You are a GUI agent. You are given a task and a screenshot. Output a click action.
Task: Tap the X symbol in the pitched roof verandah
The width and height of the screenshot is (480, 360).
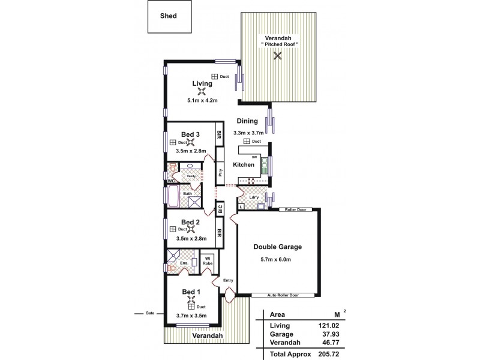[277, 56]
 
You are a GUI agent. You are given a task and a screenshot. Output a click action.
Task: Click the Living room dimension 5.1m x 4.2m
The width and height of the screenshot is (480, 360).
[202, 101]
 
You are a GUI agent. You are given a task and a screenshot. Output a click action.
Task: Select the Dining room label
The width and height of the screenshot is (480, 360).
[247, 121]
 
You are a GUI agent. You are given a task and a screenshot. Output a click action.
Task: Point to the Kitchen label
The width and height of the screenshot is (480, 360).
[244, 164]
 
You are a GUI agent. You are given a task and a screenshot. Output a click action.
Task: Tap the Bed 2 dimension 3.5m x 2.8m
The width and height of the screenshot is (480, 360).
[191, 238]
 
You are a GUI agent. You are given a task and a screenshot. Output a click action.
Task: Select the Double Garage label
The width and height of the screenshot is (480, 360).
[277, 247]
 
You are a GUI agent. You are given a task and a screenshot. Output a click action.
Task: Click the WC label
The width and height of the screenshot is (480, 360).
[171, 180]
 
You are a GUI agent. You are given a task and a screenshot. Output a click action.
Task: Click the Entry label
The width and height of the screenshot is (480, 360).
[227, 280]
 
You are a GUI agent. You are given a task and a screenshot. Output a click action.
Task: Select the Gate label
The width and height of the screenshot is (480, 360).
[149, 313]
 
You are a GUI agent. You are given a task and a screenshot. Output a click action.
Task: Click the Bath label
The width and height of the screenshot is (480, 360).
[187, 193]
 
